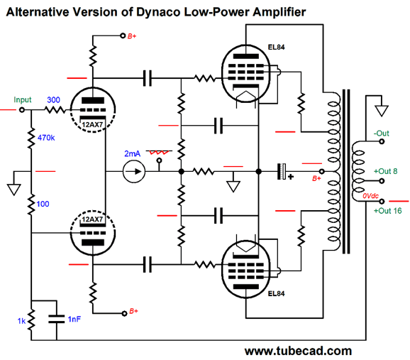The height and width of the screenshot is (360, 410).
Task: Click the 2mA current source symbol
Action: click(x=134, y=172)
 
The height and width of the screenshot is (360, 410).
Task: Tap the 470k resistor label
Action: click(x=46, y=138)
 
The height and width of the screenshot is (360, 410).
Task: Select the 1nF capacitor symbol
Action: click(x=57, y=319)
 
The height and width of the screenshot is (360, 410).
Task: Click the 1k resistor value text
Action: click(x=21, y=321)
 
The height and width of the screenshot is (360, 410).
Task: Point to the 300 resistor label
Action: click(x=53, y=99)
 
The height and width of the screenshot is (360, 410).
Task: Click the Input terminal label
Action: click(x=23, y=99)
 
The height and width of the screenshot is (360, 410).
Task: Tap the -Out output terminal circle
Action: click(x=382, y=141)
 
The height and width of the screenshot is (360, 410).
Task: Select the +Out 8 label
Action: click(x=385, y=171)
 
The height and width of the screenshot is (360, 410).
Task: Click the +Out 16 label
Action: click(x=387, y=211)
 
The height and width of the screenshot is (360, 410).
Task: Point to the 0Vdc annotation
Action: click(x=370, y=196)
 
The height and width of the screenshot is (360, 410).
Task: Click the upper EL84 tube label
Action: click(x=276, y=47)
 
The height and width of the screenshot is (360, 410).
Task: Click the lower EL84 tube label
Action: click(x=276, y=293)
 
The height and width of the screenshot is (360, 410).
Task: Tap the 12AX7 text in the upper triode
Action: click(x=92, y=125)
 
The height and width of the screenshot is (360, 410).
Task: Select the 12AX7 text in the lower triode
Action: click(x=92, y=219)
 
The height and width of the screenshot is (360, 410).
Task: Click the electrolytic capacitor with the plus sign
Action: click(x=282, y=172)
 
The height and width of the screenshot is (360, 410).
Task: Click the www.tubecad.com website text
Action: click(x=298, y=351)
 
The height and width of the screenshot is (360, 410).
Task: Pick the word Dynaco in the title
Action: click(x=158, y=12)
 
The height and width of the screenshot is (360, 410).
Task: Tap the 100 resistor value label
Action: click(x=43, y=204)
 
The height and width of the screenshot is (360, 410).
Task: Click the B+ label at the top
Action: click(x=132, y=36)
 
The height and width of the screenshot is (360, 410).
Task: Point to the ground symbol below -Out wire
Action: click(x=382, y=111)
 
